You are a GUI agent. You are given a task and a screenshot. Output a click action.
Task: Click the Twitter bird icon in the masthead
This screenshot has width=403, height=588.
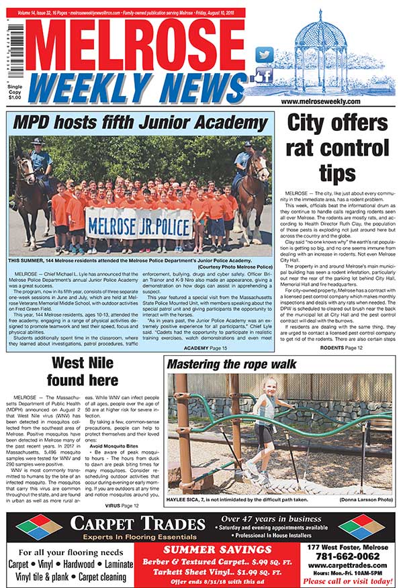265,54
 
